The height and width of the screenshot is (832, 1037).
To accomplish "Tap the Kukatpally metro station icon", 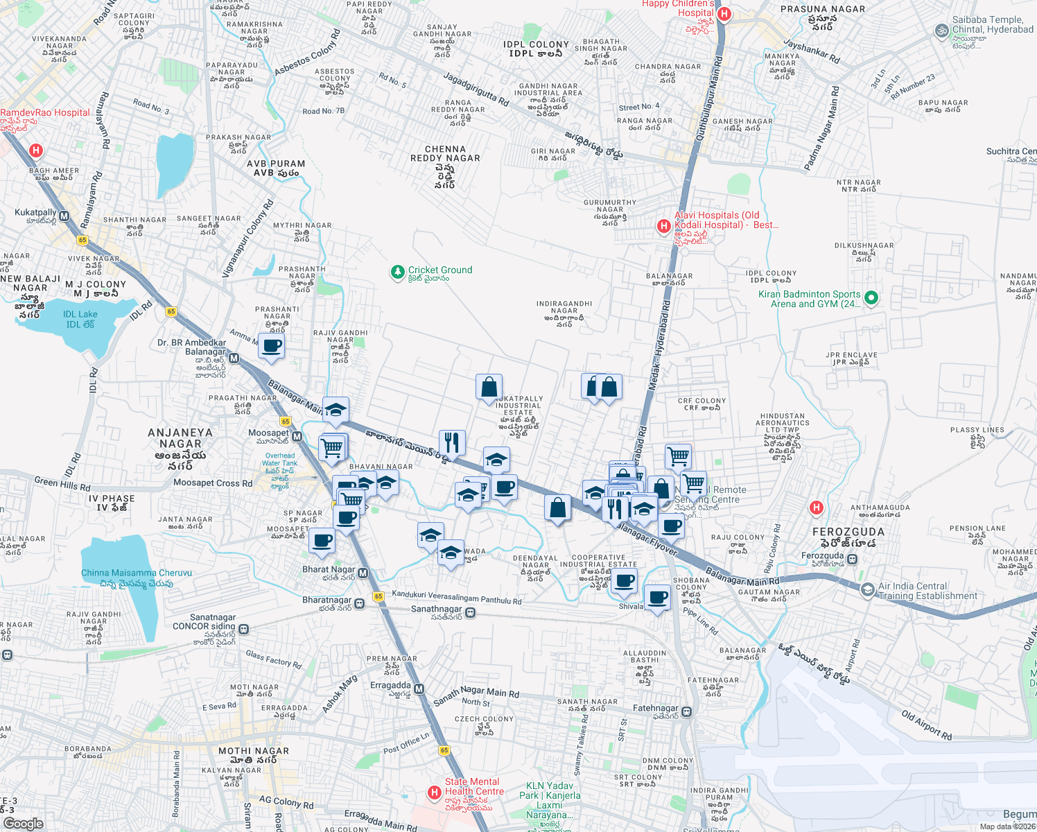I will pyautogui.click(x=64, y=216).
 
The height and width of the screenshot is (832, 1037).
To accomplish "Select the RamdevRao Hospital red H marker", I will pyautogui.click(x=36, y=150).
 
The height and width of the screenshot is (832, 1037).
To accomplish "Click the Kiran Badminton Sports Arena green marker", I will pyautogui.click(x=871, y=298).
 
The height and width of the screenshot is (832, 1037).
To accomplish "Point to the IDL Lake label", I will pyautogui.click(x=81, y=319).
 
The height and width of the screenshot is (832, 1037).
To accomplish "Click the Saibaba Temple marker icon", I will pyautogui.click(x=941, y=31).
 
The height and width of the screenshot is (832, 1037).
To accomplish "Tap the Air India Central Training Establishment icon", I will pyautogui.click(x=866, y=590).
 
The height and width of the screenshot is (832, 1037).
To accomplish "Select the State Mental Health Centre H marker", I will pyautogui.click(x=435, y=792).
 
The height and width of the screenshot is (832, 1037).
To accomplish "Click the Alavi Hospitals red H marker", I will pyautogui.click(x=664, y=225).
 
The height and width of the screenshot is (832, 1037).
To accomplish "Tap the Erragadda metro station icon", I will pyautogui.click(x=419, y=688).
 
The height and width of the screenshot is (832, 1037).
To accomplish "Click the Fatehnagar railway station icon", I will pyautogui.click(x=686, y=711).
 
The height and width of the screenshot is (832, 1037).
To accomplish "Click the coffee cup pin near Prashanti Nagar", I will pyautogui.click(x=272, y=346).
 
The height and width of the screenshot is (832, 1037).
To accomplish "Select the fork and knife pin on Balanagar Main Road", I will pyautogui.click(x=452, y=442).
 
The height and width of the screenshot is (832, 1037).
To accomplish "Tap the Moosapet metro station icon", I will pyautogui.click(x=297, y=437).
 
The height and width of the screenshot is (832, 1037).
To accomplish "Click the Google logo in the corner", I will pyautogui.click(x=23, y=824).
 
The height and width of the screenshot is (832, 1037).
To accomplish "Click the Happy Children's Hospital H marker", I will pyautogui.click(x=724, y=14).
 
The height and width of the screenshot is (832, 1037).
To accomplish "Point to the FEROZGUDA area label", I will pyautogui.click(x=848, y=532).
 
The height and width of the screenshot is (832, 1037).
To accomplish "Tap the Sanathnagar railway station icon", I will pyautogui.click(x=471, y=612).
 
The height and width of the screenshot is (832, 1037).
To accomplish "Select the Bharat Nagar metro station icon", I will pyautogui.click(x=363, y=573).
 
